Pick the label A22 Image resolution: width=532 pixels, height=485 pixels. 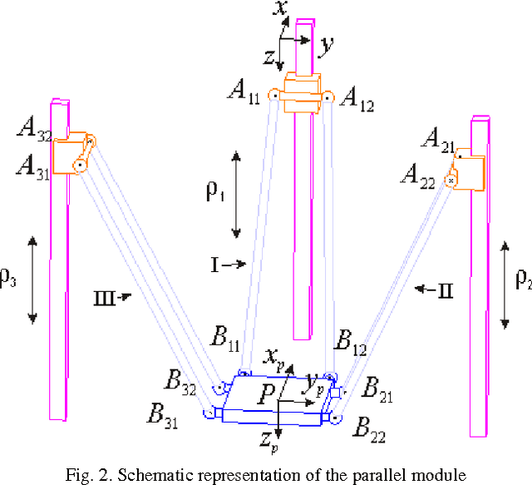click(x=420, y=176)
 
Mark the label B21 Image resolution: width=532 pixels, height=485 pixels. click(x=384, y=388)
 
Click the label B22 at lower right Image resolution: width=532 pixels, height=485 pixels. click(x=373, y=428)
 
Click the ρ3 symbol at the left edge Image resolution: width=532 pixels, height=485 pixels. click(x=8, y=280)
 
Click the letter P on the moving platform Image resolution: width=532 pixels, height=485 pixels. click(x=264, y=397)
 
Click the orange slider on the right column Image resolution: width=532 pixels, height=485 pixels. click(x=465, y=171)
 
